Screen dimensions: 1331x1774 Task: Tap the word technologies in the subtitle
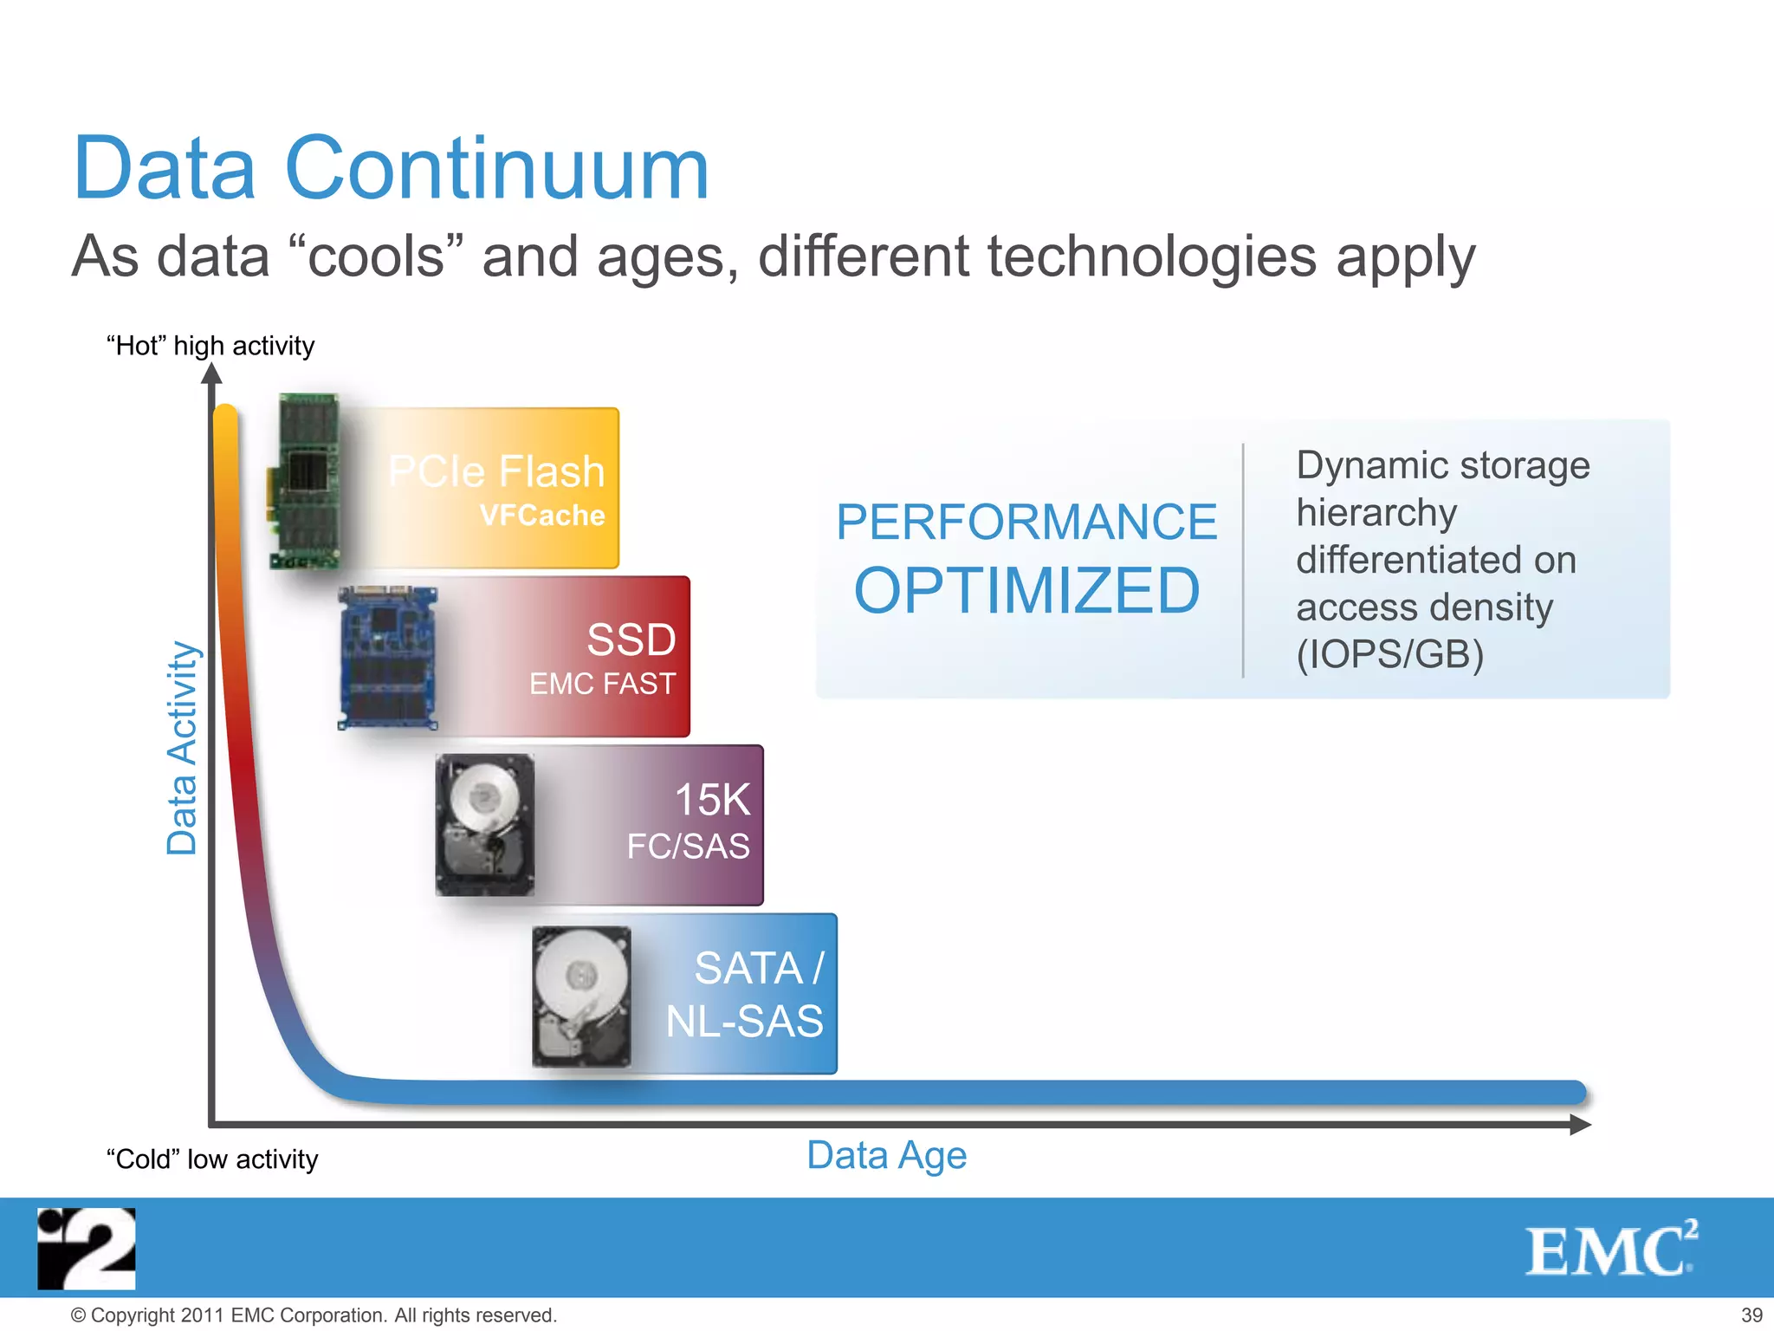[1152, 257]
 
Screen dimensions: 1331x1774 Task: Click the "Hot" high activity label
[210, 346]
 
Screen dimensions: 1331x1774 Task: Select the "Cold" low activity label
[212, 1159]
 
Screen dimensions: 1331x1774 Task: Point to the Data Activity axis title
[183, 748]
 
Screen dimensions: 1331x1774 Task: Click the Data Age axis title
[886, 1155]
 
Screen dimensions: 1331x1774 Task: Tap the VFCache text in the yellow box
[542, 516]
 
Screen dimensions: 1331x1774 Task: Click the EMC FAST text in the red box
[602, 684]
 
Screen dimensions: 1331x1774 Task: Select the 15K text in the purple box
[712, 799]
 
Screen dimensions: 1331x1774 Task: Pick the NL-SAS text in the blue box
[744, 1021]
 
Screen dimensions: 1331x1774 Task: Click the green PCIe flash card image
[304, 481]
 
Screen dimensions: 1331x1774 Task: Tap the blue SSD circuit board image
[387, 658]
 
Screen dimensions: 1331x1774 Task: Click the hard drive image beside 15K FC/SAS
[485, 824]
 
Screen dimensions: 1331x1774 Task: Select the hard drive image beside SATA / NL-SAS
[581, 997]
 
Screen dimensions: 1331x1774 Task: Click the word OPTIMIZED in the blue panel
[1026, 591]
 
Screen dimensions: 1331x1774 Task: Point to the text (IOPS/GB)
[1389, 653]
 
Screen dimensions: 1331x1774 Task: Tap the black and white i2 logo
[87, 1249]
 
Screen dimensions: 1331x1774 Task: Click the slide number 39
[1751, 1315]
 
